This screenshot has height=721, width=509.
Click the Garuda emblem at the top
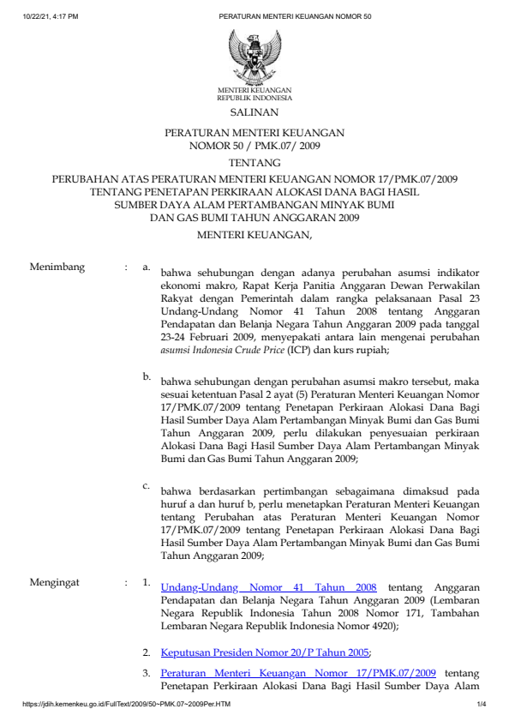tap(254, 56)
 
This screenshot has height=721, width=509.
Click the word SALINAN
tap(254, 112)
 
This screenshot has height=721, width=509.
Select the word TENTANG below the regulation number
tap(254, 163)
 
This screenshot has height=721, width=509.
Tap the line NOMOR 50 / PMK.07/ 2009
tap(254, 146)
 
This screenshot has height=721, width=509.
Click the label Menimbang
tap(57, 267)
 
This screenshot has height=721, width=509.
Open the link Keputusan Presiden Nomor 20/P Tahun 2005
tap(265, 652)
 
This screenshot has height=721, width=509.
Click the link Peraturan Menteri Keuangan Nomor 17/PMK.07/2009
tap(299, 674)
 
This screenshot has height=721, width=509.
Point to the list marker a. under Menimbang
tap(147, 267)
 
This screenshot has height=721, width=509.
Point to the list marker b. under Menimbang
tap(147, 376)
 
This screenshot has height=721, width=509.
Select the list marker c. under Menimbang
tap(147, 486)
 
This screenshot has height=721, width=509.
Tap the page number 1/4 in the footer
tap(482, 705)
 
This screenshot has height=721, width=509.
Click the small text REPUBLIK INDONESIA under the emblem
tap(254, 97)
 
